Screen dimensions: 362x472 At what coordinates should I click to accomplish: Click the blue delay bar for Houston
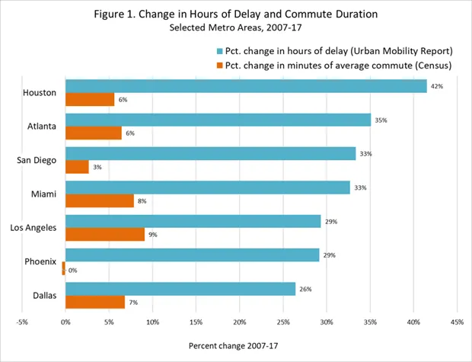246,86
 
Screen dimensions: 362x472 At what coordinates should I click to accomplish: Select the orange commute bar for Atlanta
94,133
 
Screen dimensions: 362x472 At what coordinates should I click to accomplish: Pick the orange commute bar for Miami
100,200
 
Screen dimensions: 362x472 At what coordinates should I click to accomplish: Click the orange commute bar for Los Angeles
105,234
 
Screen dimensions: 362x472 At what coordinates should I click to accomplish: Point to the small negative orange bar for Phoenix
64,268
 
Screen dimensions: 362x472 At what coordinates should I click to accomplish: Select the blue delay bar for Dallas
180,289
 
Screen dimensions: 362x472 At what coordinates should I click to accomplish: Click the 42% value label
437,87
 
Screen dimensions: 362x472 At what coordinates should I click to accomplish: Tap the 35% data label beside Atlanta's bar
381,120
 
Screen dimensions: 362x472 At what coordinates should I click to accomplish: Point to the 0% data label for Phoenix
73,269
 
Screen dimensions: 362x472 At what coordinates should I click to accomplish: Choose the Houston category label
40,92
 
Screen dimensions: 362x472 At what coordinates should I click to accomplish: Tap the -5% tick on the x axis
22,322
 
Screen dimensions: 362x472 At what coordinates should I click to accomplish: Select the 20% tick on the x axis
240,322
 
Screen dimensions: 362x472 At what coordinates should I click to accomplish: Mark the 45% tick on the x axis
457,322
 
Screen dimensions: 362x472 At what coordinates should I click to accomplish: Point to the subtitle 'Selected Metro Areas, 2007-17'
236,27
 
